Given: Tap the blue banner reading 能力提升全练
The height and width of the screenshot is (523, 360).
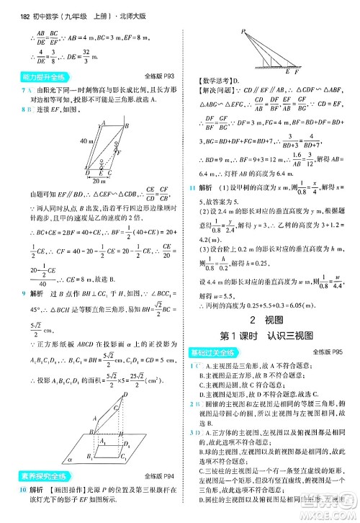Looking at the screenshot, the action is coord(40,75).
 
